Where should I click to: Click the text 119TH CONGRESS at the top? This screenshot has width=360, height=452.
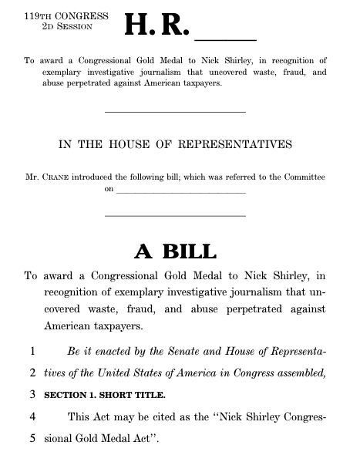pos(56,15)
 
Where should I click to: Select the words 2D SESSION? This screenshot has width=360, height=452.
pos(67,26)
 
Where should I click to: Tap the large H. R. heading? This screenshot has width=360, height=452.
pos(156,26)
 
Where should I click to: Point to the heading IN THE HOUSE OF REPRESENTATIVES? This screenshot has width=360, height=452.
pos(175,144)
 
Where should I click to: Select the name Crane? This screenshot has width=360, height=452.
pos(58,177)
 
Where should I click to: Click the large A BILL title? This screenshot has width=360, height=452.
pos(175,251)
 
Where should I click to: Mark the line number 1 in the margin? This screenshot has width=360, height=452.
pos(33,351)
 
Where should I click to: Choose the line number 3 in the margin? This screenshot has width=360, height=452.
pos(33,394)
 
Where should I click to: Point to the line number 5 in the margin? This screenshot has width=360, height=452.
pos(33,438)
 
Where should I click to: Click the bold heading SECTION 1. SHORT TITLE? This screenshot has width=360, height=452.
pos(104,395)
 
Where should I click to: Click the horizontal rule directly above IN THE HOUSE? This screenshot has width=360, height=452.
pos(175,113)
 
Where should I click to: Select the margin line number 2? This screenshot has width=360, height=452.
pos(33,373)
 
